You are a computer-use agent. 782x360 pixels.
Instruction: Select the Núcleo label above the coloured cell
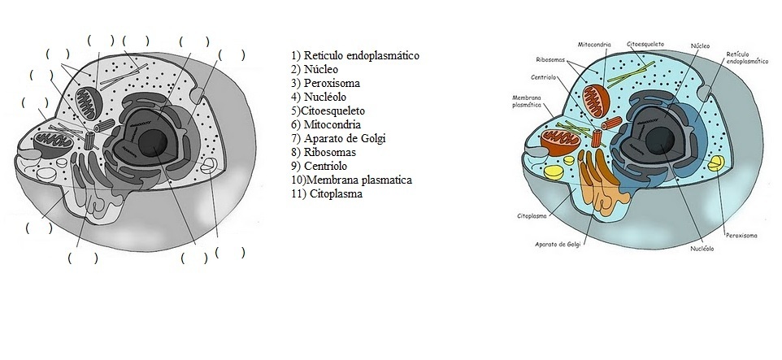click(x=700, y=46)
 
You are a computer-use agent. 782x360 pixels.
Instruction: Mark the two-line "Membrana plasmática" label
click(x=527, y=101)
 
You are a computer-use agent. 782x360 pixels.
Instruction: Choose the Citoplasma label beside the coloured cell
click(x=530, y=215)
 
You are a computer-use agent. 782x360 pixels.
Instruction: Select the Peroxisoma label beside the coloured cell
click(x=741, y=235)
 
